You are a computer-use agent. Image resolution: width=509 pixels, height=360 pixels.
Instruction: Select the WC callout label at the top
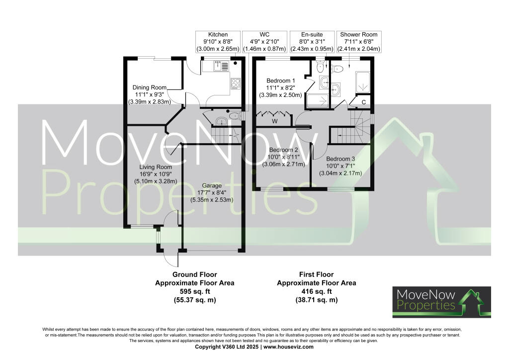[264, 42]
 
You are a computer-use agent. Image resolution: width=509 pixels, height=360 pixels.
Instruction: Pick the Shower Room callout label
[358, 42]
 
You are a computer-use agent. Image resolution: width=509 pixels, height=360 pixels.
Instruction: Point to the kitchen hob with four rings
[235, 84]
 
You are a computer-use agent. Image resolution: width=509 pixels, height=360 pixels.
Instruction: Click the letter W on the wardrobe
[274, 121]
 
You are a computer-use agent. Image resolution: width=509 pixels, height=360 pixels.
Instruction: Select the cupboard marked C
[364, 102]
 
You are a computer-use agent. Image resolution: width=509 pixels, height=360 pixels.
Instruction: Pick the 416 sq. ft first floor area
[316, 291]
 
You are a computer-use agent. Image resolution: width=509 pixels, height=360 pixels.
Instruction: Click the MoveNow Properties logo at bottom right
[441, 302]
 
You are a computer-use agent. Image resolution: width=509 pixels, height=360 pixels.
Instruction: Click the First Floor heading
[316, 274]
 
